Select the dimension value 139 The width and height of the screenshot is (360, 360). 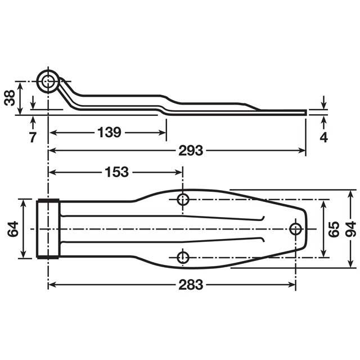pos(109,133)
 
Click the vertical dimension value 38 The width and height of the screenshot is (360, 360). pos(10,98)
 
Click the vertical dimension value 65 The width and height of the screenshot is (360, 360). pos(333,228)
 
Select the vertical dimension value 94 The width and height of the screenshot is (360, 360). pos(352,228)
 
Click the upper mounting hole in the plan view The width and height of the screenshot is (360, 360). pos(183,199)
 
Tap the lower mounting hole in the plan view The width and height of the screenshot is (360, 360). pos(183,257)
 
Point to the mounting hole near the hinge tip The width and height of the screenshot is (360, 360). pos(295,228)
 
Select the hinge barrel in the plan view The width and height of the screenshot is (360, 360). pos(48,228)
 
